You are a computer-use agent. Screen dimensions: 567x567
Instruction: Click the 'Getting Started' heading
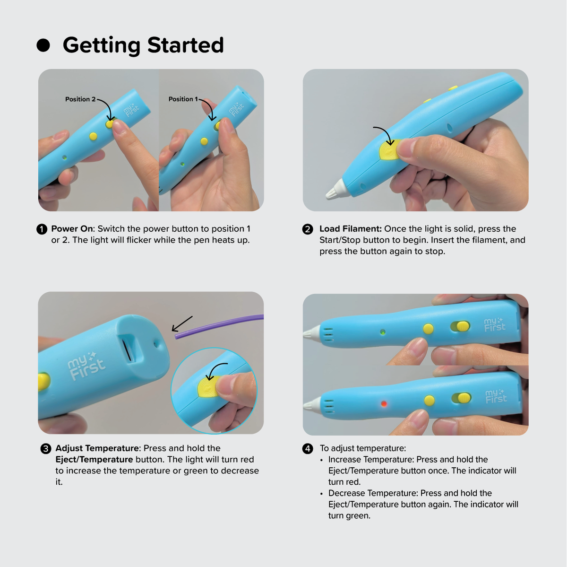[x=143, y=45]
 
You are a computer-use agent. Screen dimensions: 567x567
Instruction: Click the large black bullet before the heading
[x=43, y=45]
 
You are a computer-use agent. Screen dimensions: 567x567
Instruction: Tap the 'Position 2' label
[x=80, y=99]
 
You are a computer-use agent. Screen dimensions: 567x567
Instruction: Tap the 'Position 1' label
[x=183, y=99]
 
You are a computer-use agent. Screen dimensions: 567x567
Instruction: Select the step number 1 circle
[x=42, y=229]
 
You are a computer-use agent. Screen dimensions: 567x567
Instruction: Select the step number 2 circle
[x=308, y=229]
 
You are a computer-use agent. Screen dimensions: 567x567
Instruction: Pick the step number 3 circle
[x=46, y=449]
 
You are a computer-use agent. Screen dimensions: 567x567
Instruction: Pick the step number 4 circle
[x=308, y=449]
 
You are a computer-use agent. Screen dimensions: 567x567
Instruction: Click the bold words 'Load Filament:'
[x=351, y=229]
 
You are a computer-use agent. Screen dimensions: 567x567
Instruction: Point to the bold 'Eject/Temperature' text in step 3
[x=94, y=460]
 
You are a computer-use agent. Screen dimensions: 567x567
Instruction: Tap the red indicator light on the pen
[x=384, y=403]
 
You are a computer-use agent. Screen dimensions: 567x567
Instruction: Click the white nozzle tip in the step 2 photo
[x=336, y=189]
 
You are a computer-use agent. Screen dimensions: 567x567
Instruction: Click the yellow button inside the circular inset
[x=208, y=387]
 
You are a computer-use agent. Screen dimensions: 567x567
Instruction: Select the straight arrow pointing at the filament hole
[x=182, y=324]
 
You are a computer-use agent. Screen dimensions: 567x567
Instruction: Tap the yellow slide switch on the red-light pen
[x=464, y=398]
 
